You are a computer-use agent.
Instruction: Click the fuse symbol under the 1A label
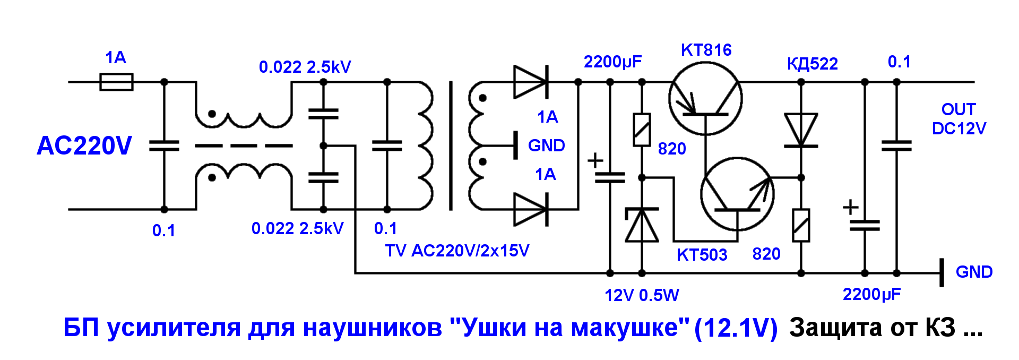click(x=116, y=82)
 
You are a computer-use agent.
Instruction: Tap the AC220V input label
click(x=84, y=145)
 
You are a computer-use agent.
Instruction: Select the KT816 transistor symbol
click(x=705, y=98)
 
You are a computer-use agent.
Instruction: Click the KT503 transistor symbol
click(x=737, y=194)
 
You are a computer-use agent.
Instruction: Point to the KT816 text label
click(x=706, y=50)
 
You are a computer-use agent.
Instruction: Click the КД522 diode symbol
click(x=801, y=130)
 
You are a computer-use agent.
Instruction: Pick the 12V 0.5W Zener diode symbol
click(x=642, y=225)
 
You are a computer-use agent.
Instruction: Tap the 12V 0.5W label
click(x=642, y=295)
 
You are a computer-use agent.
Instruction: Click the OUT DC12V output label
click(x=958, y=119)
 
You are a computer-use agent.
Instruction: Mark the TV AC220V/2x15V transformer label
click(x=457, y=251)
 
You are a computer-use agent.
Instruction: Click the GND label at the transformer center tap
click(x=546, y=145)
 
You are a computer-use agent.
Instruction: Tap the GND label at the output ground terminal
click(x=974, y=272)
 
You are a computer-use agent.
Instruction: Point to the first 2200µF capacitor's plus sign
click(x=595, y=160)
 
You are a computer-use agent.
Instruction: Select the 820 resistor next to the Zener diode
click(x=642, y=130)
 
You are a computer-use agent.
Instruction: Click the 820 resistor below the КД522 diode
click(x=801, y=225)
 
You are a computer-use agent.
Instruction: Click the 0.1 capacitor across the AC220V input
click(x=164, y=145)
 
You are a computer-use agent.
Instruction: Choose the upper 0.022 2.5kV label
click(x=305, y=67)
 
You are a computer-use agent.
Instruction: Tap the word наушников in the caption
click(x=372, y=328)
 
